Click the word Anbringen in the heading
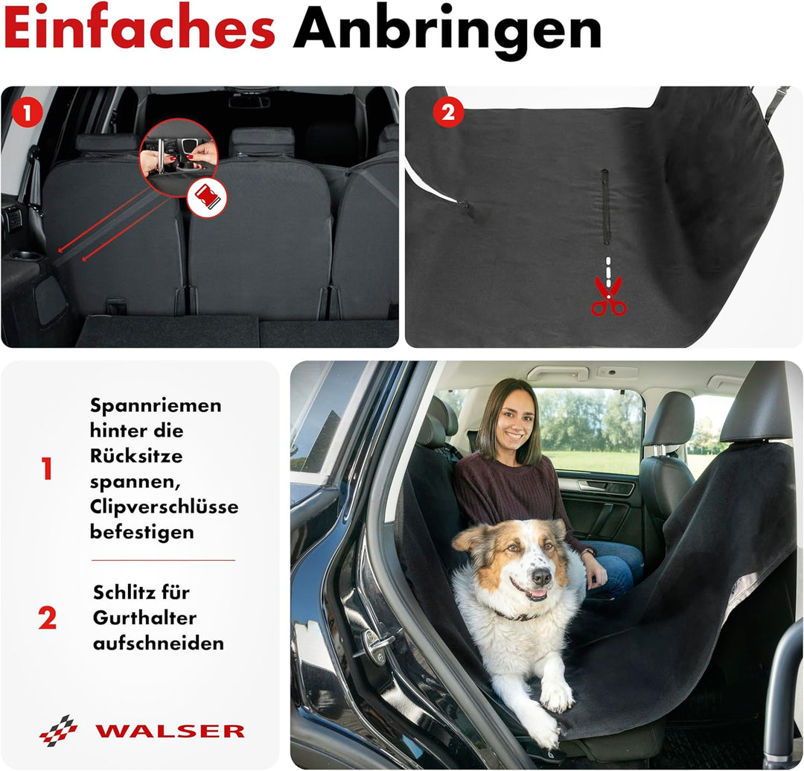pos(447,31)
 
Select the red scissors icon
pos(608,296)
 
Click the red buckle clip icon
pos(206,197)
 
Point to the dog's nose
pos(541,576)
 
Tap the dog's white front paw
pos(557,694)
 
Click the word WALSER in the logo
pos(170,731)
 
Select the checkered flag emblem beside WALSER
pos(59,730)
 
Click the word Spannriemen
pos(156,406)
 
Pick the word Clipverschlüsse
pos(164,507)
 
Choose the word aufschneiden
pos(158,643)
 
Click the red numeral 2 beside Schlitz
pos(47,618)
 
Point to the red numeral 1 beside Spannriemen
pos(47,469)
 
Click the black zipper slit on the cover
pos(605,207)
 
